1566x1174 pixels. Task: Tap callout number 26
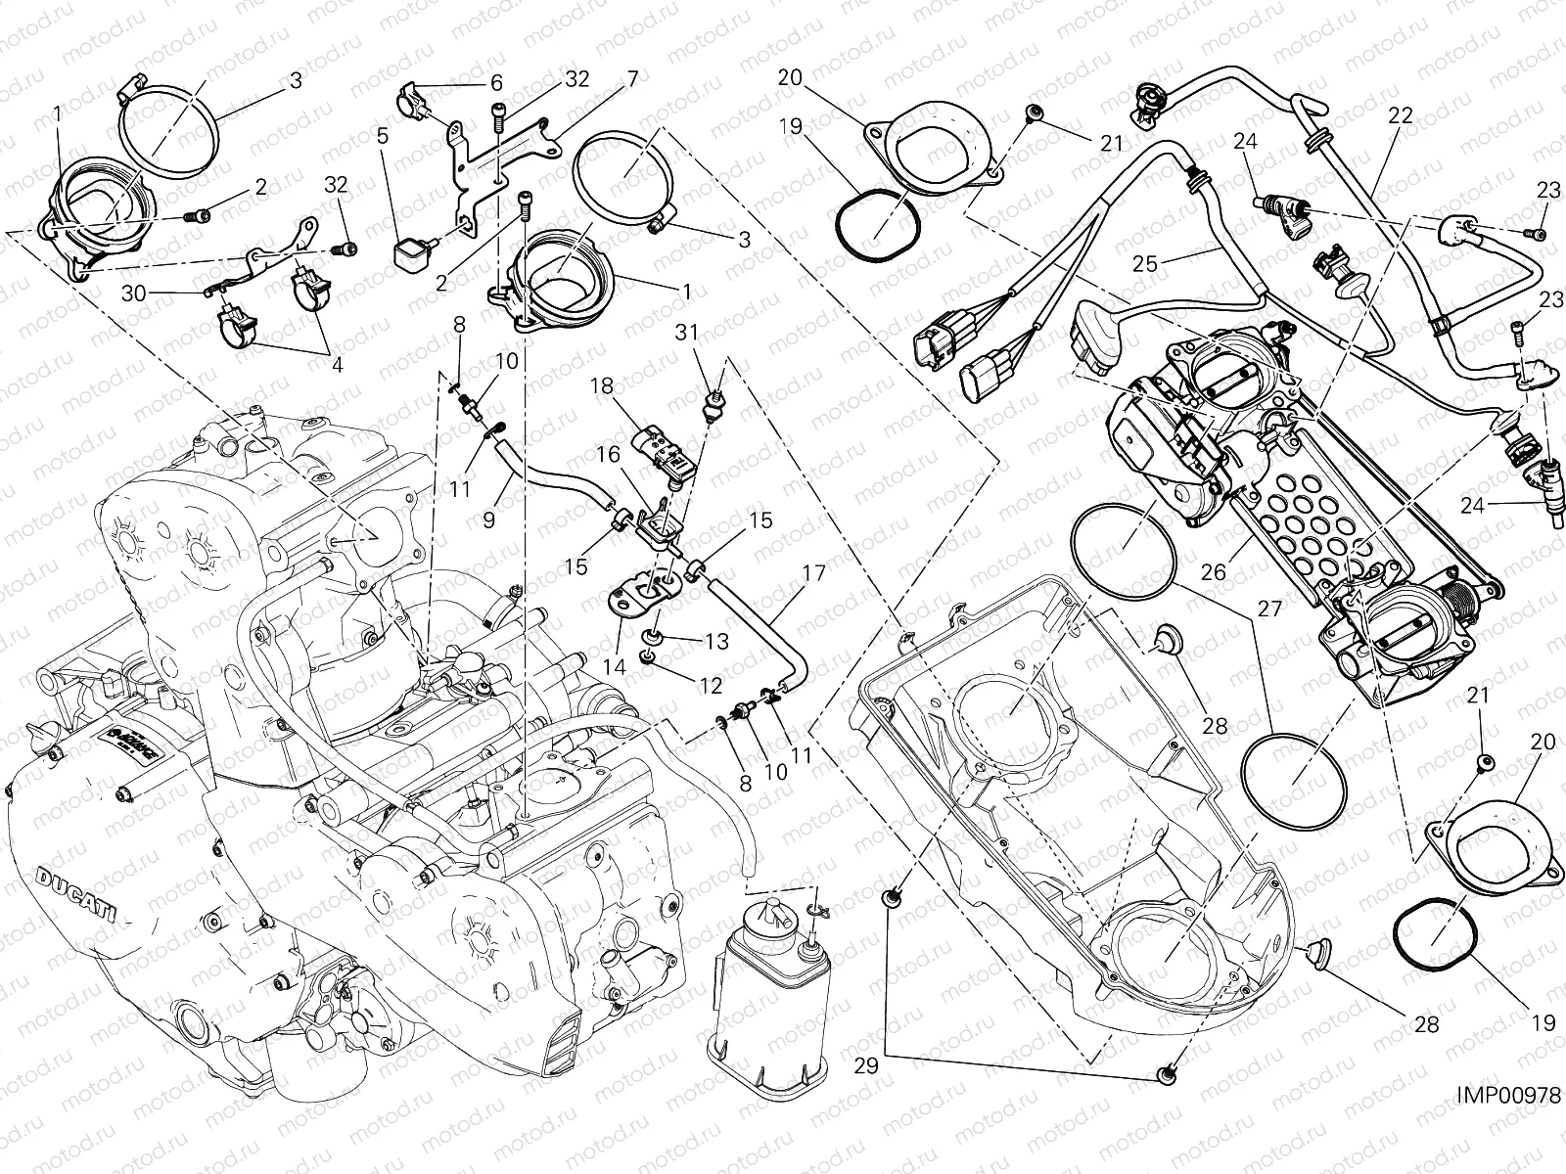(1214, 571)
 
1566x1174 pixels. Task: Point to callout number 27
(1269, 609)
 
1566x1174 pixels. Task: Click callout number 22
(1401, 114)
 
